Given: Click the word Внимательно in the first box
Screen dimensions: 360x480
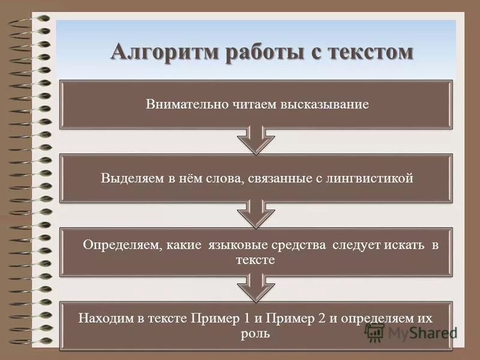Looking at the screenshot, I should pyautogui.click(x=181, y=104).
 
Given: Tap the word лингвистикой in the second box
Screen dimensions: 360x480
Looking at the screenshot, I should pyautogui.click(x=372, y=178).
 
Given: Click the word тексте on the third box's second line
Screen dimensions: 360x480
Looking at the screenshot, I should pyautogui.click(x=256, y=260).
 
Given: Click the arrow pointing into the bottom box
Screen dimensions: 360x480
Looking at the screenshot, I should pyautogui.click(x=256, y=288).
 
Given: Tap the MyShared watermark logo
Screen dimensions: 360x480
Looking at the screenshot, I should pyautogui.click(x=411, y=332).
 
